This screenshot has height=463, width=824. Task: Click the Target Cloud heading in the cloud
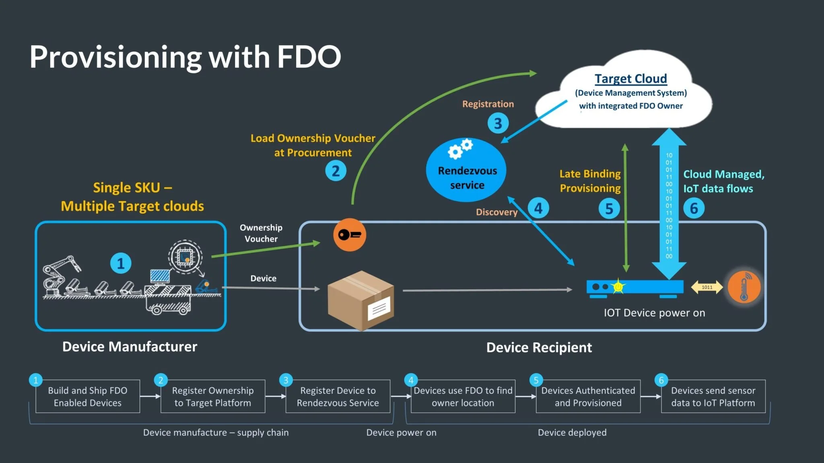click(630, 78)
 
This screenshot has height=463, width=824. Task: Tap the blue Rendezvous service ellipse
click(466, 170)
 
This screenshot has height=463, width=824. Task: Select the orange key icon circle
click(349, 235)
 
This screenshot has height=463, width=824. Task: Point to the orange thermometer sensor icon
click(744, 287)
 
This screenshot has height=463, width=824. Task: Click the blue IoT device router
click(634, 287)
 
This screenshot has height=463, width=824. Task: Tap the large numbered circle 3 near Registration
click(498, 123)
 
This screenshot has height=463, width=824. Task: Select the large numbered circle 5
click(609, 209)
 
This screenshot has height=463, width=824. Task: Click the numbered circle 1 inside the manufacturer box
click(120, 263)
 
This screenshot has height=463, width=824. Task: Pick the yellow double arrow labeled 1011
click(707, 287)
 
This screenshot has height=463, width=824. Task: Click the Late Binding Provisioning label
click(590, 181)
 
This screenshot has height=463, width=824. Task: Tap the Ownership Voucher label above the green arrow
click(261, 233)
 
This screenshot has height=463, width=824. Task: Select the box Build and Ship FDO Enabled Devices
click(88, 396)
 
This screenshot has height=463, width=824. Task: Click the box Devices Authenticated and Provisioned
click(588, 396)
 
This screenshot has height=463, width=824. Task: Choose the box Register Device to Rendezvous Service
click(338, 396)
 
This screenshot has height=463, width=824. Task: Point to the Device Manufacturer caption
click(130, 346)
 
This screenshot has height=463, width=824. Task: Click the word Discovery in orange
click(496, 212)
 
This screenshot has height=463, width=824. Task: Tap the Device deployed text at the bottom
click(572, 432)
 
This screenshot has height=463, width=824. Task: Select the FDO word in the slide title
click(309, 57)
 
